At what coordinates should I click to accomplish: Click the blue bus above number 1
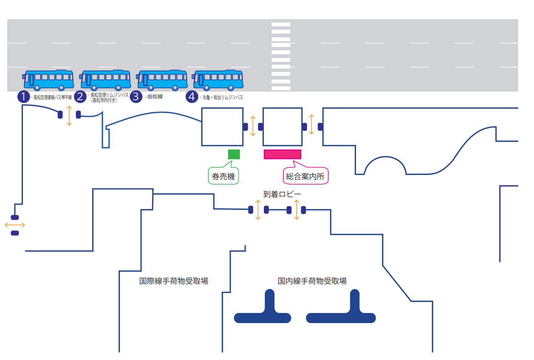coord(48,80)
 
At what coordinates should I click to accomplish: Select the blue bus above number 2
coord(105,80)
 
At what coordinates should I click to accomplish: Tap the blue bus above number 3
coord(162,80)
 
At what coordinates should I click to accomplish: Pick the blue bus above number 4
coord(218,80)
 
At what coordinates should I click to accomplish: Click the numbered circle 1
coord(24,97)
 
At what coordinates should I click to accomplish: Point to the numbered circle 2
coord(81,97)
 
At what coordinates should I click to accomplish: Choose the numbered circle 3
coord(136,97)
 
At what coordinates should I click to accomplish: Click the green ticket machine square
coord(234,154)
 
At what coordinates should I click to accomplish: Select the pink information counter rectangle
coord(283,154)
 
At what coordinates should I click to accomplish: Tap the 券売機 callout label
coord(224,176)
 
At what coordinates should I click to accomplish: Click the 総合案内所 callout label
coord(305,176)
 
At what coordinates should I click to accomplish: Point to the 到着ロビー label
coord(282,194)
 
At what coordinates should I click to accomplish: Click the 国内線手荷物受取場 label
coord(312,281)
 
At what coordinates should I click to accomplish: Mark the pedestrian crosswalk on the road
coord(281,56)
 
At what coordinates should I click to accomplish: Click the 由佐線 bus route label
coord(155,97)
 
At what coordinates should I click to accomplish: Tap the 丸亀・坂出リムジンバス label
coord(223,97)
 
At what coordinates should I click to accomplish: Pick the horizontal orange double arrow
coord(14,225)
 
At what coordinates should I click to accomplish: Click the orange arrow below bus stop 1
coord(69,115)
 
